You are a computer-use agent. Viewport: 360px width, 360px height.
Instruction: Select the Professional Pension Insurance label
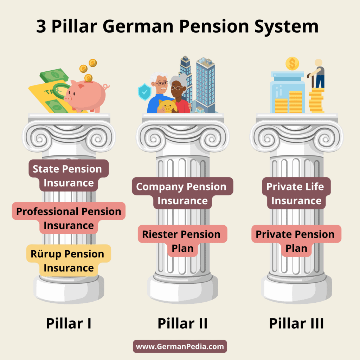point(69,218)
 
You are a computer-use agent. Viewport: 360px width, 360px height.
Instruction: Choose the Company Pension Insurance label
point(182,193)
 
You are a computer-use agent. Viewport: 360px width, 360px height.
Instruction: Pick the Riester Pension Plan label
point(182,241)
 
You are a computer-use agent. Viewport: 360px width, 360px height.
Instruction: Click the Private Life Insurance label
point(296,193)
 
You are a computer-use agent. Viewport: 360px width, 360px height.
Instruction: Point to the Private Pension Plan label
point(296,241)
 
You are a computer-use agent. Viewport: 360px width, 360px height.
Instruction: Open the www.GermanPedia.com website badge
point(180,347)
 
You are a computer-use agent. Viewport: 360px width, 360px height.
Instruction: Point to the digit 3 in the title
point(41,27)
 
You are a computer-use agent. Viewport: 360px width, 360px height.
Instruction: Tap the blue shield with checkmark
point(144,92)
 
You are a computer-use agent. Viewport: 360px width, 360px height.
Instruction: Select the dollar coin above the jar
point(292,64)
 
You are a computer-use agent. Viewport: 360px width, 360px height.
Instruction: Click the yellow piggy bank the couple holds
point(167,106)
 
